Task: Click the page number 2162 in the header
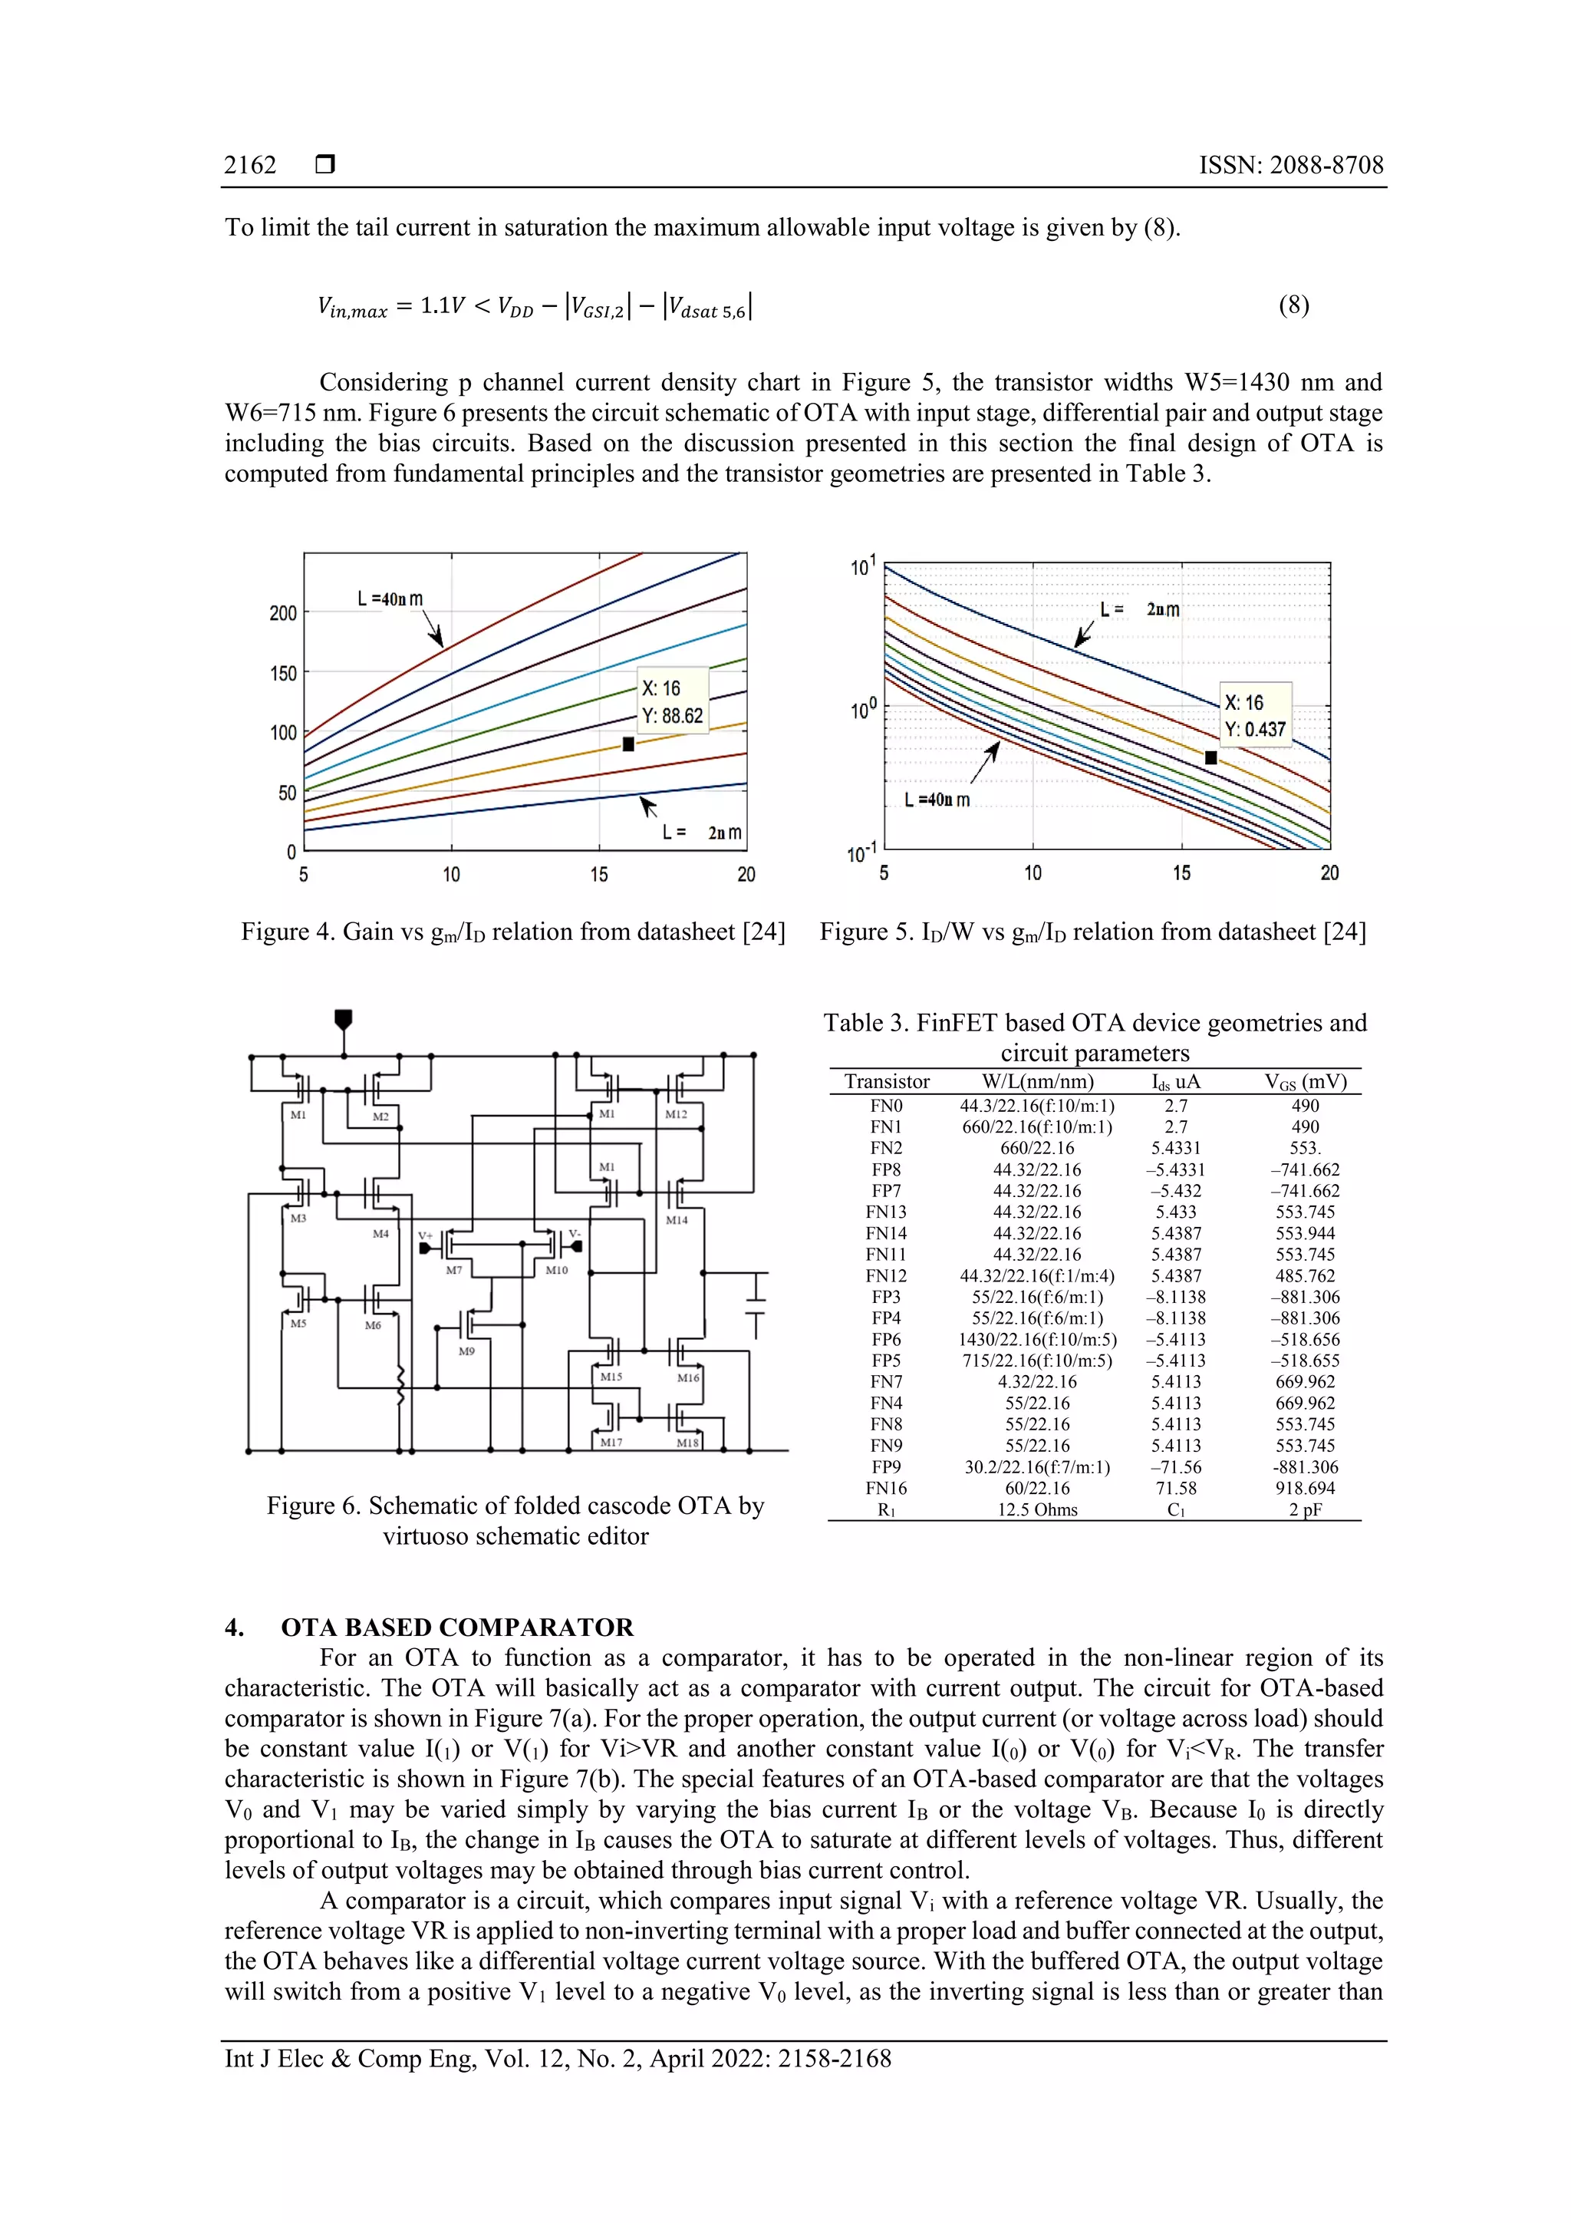point(250,166)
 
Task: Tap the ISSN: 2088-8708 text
point(1290,166)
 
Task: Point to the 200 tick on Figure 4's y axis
point(282,613)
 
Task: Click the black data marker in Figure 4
point(628,744)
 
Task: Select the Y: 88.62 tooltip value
point(672,715)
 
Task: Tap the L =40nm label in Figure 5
point(936,800)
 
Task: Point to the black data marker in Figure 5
point(1210,758)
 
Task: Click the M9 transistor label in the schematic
point(466,1351)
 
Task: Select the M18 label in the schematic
point(687,1443)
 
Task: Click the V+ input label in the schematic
point(425,1235)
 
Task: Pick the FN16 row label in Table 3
point(886,1488)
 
